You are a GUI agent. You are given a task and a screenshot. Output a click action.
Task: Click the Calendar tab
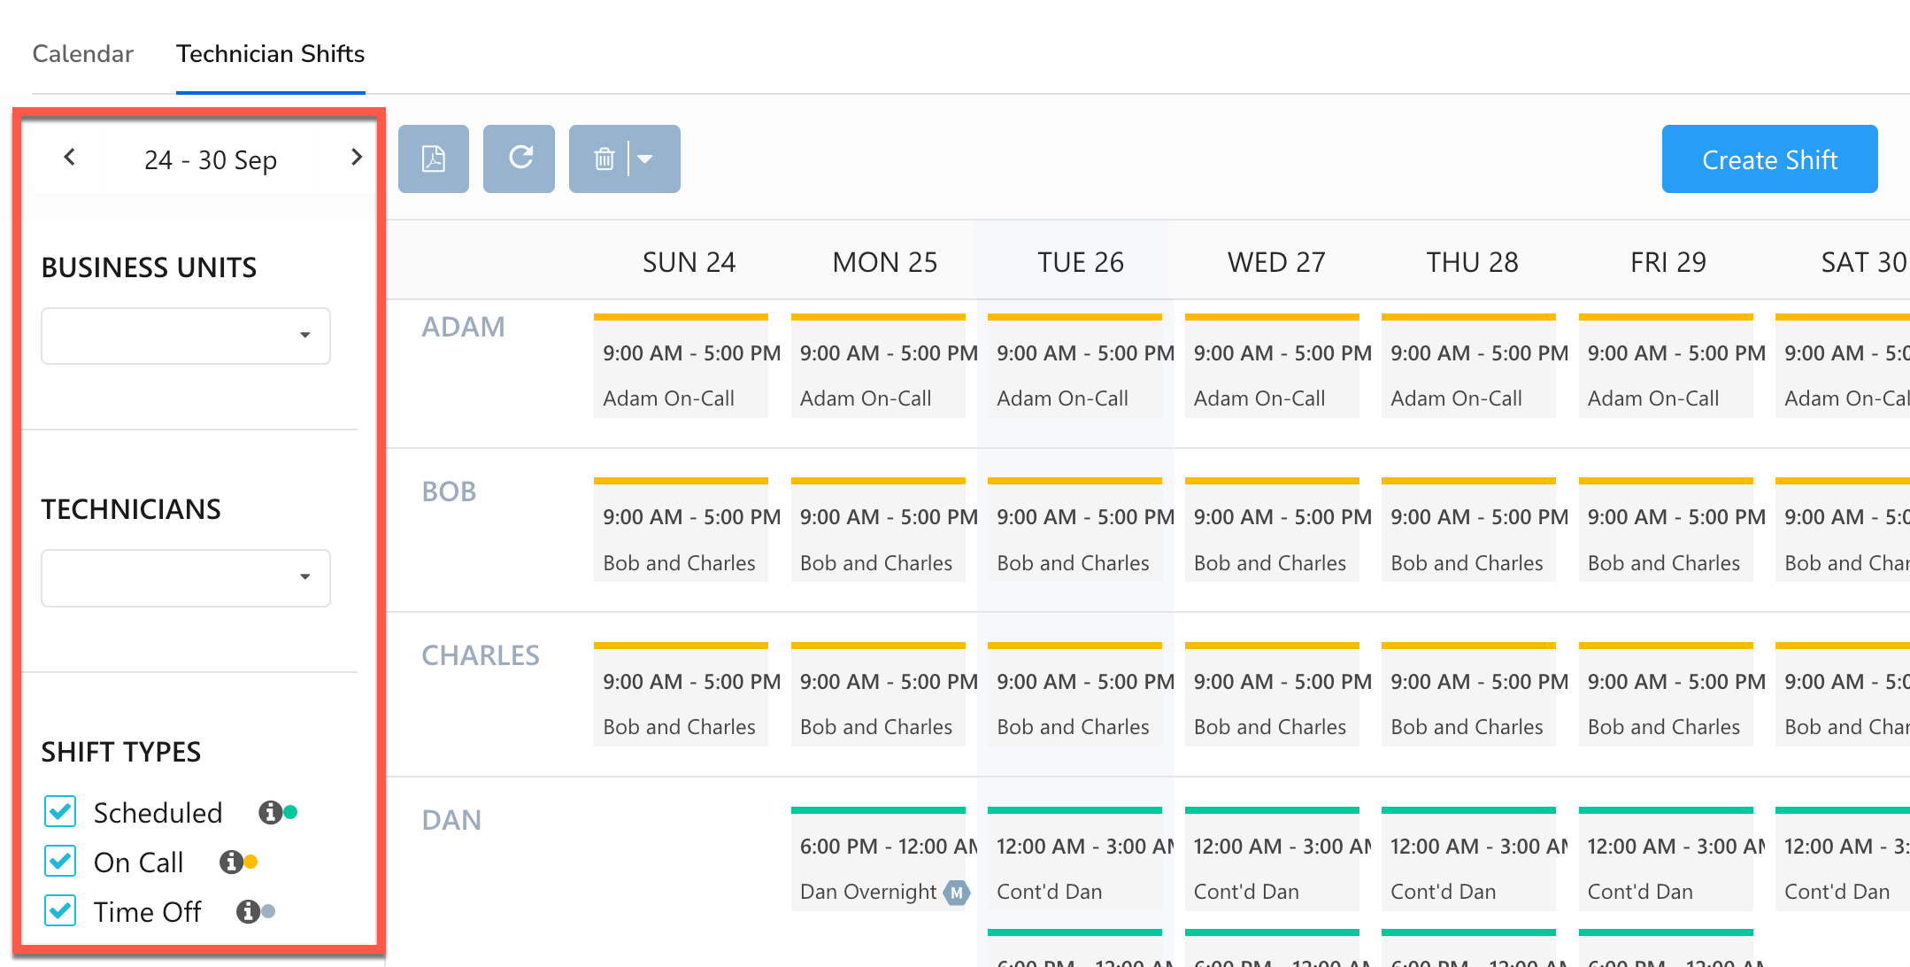coord(82,54)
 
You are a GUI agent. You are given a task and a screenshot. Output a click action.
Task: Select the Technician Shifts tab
coord(270,54)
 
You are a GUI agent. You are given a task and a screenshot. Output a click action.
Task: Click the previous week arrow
coord(70,158)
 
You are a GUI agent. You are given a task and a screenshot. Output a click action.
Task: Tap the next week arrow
coord(356,158)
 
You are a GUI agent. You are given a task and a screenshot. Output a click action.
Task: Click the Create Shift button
coord(1768,159)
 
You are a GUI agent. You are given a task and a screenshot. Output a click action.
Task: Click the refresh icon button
coord(520,159)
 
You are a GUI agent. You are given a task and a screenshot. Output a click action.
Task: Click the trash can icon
coord(605,159)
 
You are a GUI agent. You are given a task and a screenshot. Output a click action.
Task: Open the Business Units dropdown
coord(186,336)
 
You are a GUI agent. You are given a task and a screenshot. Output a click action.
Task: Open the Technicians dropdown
coord(186,577)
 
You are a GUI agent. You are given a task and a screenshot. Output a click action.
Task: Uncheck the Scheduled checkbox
coord(60,811)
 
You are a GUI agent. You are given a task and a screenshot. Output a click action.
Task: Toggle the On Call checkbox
coord(60,861)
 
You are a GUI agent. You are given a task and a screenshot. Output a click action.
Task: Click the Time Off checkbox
coord(60,910)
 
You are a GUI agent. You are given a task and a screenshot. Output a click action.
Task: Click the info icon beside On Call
coord(231,862)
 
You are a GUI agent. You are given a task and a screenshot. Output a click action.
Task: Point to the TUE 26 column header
coord(1080,262)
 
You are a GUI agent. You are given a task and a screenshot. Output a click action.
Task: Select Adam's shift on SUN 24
coord(681,375)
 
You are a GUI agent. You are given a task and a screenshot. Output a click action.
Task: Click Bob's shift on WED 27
coord(1271,538)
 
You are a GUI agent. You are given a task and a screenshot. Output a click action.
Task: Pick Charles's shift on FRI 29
coord(1665,703)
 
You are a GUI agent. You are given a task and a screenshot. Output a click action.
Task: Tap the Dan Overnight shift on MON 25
coord(877,868)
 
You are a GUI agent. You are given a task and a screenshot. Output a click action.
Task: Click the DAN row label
coord(451,820)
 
